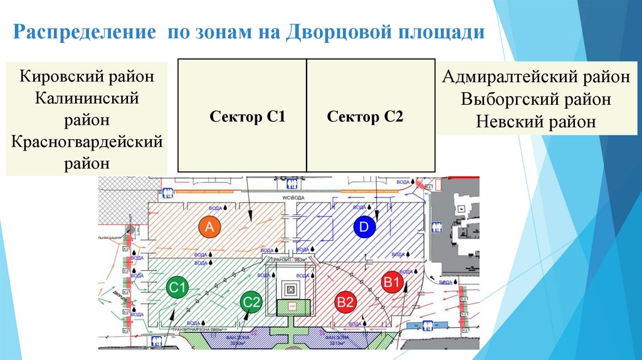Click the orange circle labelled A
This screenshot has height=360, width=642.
point(210,228)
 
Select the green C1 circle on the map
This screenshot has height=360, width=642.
point(177,289)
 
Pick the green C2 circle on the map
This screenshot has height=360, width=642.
point(251,302)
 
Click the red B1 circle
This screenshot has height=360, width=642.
point(392,283)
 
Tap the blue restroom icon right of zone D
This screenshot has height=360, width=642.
point(434,226)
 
